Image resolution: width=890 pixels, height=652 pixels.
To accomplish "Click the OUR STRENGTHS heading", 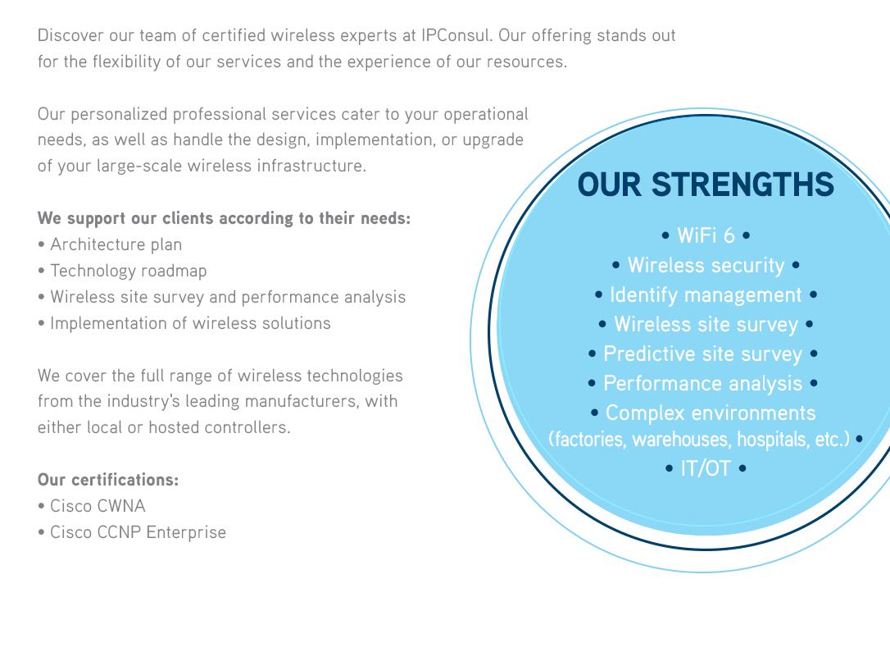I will click(706, 185).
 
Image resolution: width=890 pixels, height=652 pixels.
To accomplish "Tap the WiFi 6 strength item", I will click(706, 236).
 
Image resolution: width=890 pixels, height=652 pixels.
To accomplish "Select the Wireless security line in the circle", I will click(706, 266).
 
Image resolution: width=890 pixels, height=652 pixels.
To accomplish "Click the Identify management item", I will click(706, 295).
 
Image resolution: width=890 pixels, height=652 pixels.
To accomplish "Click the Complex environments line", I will click(710, 413).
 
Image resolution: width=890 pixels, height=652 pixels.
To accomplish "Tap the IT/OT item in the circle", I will click(706, 469).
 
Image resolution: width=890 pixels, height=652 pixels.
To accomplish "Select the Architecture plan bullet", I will click(116, 244).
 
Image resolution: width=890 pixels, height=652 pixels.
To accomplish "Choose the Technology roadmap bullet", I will click(128, 271).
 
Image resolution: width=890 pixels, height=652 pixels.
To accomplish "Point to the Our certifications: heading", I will click(108, 480).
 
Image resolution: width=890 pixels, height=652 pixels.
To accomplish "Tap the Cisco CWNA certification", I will click(98, 506).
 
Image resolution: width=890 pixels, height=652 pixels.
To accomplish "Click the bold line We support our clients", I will click(224, 219).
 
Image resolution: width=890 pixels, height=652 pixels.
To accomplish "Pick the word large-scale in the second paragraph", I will click(139, 166).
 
